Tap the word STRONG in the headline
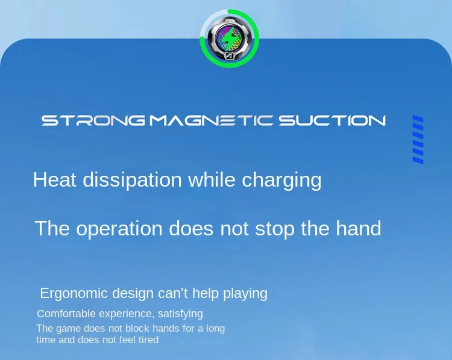(93, 120)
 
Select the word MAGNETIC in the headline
(211, 120)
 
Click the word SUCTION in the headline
(332, 120)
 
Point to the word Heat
(55, 180)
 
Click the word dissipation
(133, 180)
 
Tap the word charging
(281, 181)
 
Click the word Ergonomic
(74, 293)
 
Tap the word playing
(245, 293)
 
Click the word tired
(149, 340)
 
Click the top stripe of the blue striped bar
(418, 119)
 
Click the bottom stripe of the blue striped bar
(418, 160)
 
